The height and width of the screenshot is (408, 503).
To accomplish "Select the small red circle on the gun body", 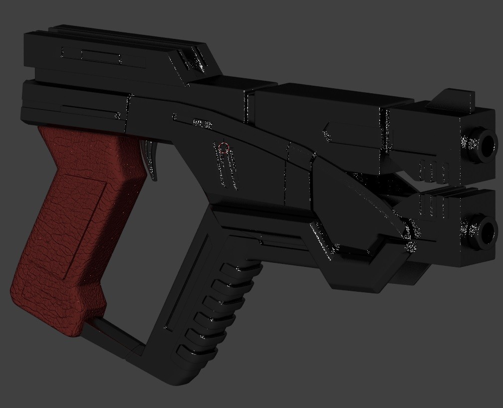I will pos(224,147).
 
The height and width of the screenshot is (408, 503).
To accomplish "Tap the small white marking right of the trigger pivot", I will pos(201,122).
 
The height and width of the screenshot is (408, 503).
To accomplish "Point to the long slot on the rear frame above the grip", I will pos(90,110).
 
